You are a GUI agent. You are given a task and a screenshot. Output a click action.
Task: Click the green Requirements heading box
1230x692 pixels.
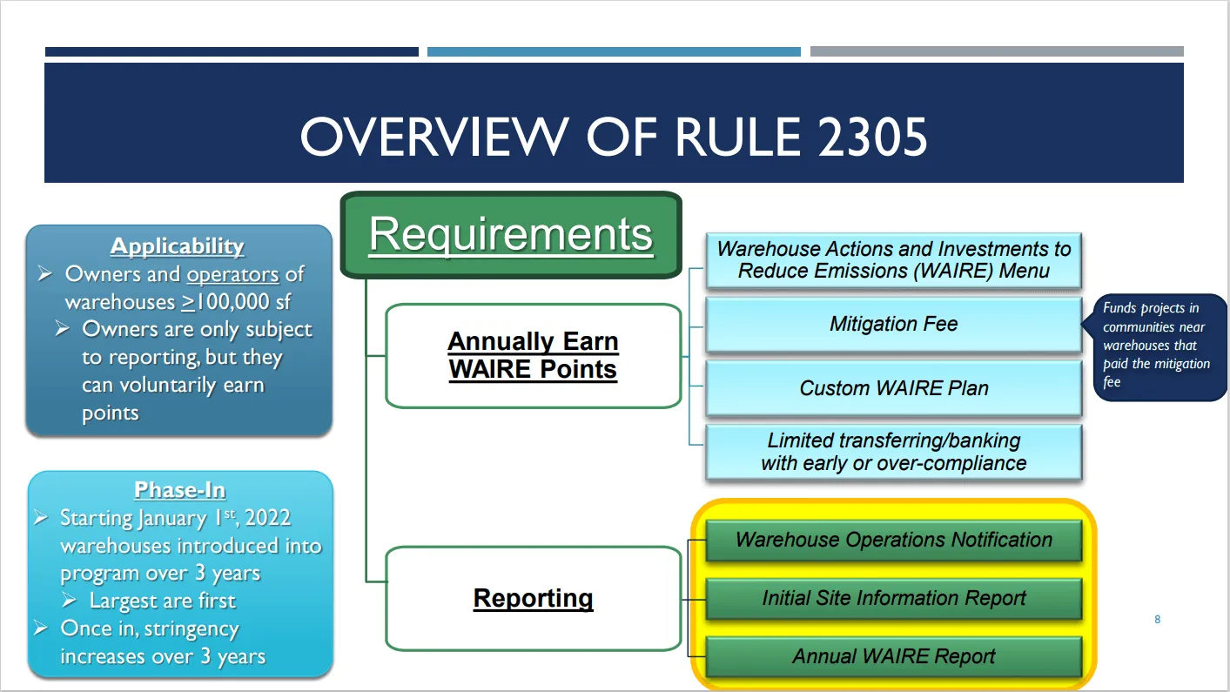click(510, 235)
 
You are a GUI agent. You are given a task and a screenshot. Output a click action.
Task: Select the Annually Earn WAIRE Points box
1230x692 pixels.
click(533, 355)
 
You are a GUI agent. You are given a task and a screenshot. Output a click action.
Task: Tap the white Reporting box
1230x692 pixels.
click(533, 599)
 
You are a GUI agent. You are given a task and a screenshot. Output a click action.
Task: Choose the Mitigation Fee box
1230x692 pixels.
click(893, 325)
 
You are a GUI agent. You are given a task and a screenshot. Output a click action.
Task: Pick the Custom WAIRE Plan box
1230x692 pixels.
click(893, 388)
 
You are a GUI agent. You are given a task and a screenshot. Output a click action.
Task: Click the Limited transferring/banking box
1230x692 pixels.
click(893, 452)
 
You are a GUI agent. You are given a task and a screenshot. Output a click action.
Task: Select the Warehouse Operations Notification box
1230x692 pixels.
click(893, 540)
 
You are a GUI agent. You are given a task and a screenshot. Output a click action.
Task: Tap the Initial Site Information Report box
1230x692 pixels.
click(893, 599)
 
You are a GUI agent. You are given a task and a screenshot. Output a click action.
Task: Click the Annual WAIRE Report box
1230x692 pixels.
click(893, 656)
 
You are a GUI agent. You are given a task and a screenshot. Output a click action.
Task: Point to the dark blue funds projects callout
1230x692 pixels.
click(1157, 346)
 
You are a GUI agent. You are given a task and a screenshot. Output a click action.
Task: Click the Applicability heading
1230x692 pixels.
click(178, 246)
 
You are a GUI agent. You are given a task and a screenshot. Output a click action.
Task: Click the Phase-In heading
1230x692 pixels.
click(179, 490)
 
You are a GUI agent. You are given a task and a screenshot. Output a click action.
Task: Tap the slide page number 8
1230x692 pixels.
click(1157, 620)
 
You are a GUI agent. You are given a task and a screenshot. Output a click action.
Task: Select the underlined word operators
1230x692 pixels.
click(232, 274)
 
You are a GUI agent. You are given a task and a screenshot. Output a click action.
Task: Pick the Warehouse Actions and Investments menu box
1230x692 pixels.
click(893, 260)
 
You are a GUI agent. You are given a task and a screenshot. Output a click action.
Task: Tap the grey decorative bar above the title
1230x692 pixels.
click(997, 51)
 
